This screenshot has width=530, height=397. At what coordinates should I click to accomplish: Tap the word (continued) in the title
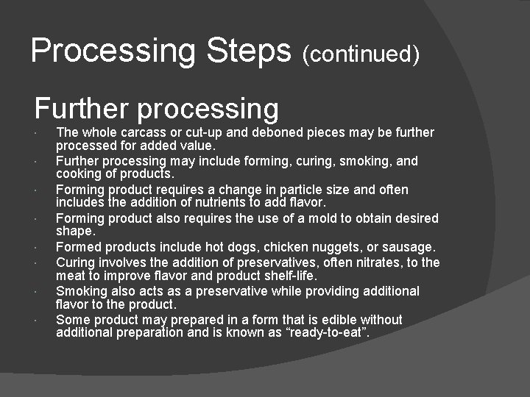(361, 54)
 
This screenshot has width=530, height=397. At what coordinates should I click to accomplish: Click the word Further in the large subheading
(80, 109)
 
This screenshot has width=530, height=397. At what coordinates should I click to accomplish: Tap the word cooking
(78, 174)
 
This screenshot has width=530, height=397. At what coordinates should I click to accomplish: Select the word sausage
(409, 247)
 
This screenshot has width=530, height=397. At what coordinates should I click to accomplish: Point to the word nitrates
(366, 262)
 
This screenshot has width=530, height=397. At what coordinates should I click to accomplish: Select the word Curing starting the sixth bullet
(75, 262)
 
